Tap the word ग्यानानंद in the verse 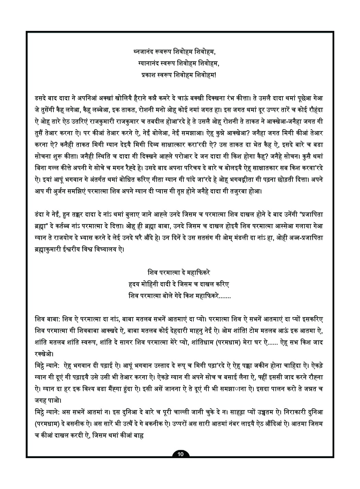pos(148,63)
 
